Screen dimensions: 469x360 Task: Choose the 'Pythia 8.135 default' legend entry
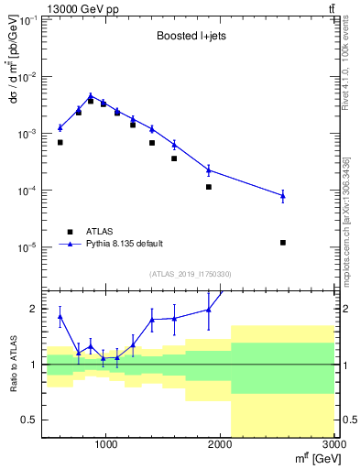(x=124, y=244)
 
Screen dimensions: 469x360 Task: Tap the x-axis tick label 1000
(x=106, y=446)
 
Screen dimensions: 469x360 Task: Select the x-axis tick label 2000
(x=220, y=446)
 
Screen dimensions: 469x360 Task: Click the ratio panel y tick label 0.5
(x=30, y=420)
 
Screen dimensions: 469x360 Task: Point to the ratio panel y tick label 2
(x=34, y=309)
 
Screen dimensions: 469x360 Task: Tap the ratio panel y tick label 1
(x=34, y=365)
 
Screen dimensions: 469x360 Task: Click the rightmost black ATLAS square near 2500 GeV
(x=283, y=243)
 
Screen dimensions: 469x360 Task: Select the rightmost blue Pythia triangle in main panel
(x=283, y=195)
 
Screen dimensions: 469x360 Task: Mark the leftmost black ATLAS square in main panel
(x=60, y=143)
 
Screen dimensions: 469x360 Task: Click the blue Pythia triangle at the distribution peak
(x=91, y=95)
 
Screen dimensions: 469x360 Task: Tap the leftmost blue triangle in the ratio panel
(x=60, y=317)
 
